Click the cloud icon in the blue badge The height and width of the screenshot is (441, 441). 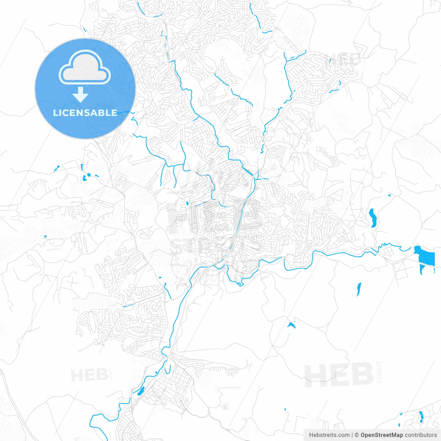click(x=85, y=68)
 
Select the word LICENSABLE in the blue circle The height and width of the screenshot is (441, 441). click(x=85, y=113)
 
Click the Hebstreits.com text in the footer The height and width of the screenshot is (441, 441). click(x=329, y=435)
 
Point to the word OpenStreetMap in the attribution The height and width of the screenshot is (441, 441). click(x=381, y=435)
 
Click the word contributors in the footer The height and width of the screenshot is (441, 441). click(x=421, y=435)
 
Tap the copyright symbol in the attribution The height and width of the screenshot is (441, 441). click(x=357, y=435)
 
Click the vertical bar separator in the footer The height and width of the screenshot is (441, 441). click(x=352, y=435)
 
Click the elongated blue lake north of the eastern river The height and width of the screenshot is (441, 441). click(x=372, y=218)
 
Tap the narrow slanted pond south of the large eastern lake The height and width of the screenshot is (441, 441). click(x=359, y=289)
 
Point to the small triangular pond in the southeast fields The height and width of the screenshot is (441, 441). click(x=291, y=325)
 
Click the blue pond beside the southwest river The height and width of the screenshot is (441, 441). click(x=141, y=391)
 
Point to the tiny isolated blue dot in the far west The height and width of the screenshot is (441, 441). click(x=45, y=236)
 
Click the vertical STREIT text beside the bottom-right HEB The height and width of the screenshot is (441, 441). click(x=379, y=372)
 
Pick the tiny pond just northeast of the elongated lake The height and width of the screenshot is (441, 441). click(x=390, y=195)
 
